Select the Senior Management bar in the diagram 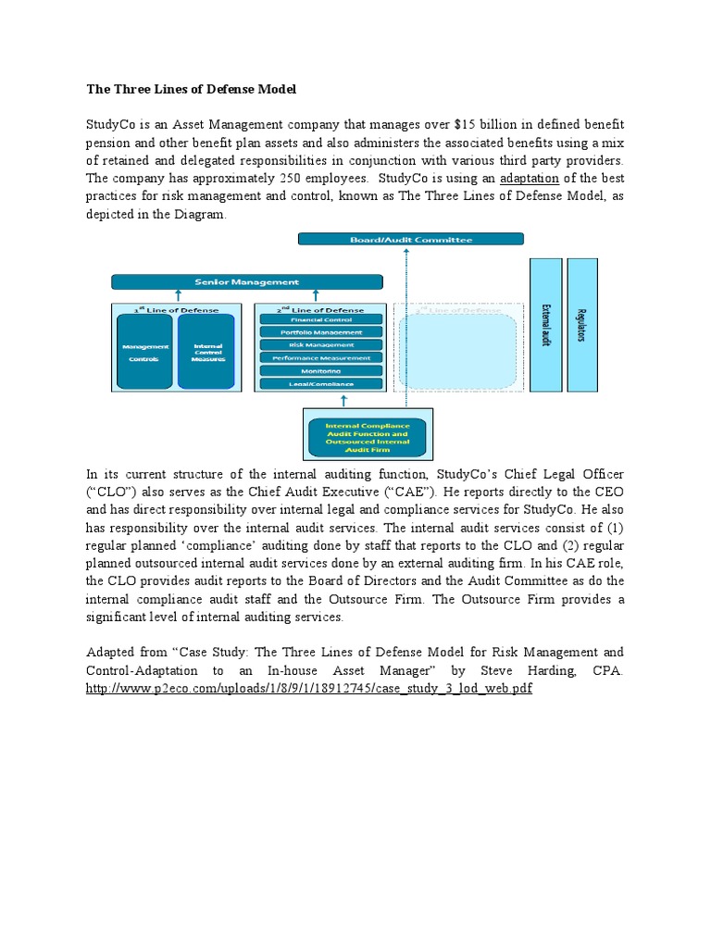click(246, 281)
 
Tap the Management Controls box click(144, 353)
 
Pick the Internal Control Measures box click(207, 353)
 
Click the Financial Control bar click(320, 319)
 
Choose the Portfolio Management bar click(320, 332)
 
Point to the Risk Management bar click(320, 344)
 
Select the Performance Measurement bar click(320, 357)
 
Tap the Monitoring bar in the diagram click(320, 370)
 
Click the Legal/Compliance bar click(320, 383)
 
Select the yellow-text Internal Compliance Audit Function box click(367, 433)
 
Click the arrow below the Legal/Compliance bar click(343, 401)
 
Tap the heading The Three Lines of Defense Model click(192, 90)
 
